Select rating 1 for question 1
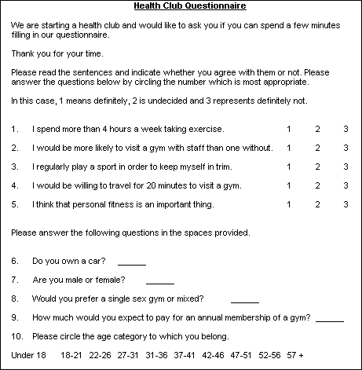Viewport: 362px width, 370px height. pos(288,129)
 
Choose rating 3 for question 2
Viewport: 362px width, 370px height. pos(346,148)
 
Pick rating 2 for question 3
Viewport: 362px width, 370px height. pos(317,167)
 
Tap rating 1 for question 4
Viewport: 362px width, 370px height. pos(288,186)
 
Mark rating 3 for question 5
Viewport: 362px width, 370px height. pos(346,205)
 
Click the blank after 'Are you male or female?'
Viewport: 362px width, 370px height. pos(159,280)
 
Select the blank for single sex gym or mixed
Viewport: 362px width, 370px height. pos(245,299)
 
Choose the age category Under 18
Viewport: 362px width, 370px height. pos(29,356)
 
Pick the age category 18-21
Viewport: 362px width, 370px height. pos(71,356)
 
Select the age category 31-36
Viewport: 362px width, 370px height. pos(156,356)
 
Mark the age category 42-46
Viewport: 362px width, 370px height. pos(214,356)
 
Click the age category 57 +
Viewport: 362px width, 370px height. pos(295,356)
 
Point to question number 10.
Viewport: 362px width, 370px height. pos(17,337)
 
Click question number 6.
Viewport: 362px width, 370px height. pos(15,261)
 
